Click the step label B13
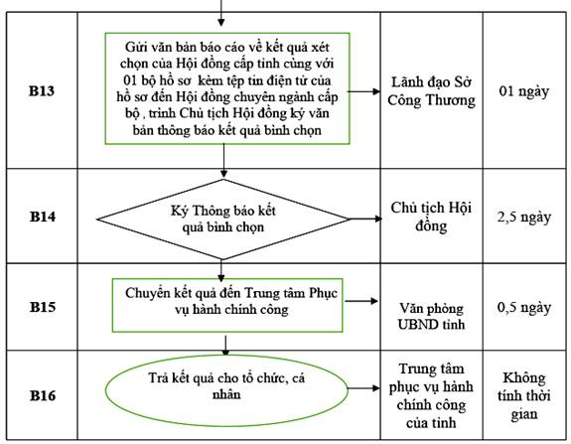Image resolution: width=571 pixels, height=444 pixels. pos(42,90)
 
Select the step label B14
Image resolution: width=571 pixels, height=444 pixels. pos(43,217)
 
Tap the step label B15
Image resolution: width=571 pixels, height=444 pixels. pos(43,307)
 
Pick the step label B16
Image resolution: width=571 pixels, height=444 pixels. pos(43,395)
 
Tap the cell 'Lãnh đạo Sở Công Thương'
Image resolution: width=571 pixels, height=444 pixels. pos(432,91)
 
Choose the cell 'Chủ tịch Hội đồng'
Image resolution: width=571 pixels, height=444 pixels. pos(431,217)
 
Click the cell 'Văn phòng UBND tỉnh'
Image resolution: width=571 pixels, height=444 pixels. pos(431,316)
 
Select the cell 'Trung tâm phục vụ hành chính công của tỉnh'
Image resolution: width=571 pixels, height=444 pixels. pos(431,395)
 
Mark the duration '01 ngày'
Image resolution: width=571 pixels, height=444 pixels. pos(524,91)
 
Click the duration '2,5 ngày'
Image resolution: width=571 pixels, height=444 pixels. pos(524,218)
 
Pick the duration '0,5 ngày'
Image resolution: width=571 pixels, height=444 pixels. pos(524,307)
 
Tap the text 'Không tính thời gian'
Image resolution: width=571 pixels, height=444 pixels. pos(524,396)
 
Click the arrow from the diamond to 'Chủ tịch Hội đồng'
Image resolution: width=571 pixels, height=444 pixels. pos(365,219)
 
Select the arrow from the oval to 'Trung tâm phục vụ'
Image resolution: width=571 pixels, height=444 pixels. pos(363,388)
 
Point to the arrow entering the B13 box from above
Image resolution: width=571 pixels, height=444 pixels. pos(221,13)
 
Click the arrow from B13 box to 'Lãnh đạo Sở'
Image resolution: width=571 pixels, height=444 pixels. pos(364,91)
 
